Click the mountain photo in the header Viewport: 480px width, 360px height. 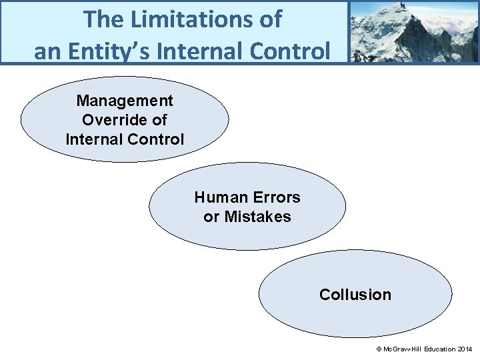click(414, 31)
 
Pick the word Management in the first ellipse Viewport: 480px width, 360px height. click(125, 101)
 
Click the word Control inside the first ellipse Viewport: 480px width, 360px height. click(158, 140)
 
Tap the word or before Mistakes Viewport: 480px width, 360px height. click(211, 217)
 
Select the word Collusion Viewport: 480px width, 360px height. click(355, 295)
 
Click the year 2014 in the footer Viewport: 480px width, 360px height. click(464, 349)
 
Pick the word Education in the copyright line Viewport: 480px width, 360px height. click(435, 349)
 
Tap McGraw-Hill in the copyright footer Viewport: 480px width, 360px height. click(400, 349)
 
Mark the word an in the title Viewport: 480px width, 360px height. click(47, 50)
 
